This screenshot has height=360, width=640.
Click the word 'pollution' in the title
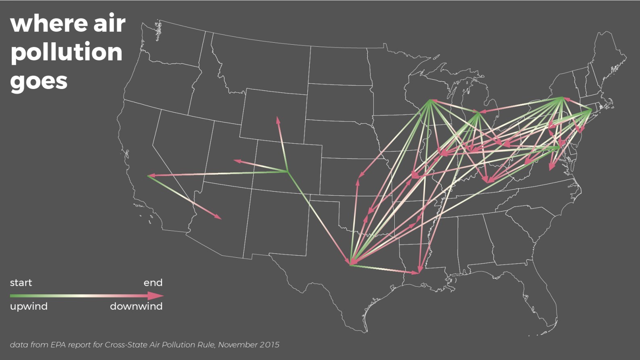click(66, 53)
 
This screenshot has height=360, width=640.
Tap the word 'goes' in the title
click(39, 82)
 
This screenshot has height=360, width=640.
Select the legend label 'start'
click(21, 283)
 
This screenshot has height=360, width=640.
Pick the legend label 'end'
click(153, 283)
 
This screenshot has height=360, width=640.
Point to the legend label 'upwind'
click(29, 306)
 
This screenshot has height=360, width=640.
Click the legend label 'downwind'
click(136, 306)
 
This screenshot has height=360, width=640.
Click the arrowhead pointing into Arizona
click(219, 218)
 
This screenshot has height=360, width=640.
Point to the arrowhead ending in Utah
click(236, 161)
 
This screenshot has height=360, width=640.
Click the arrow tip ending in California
click(149, 176)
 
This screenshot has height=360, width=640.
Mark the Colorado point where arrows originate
click(287, 172)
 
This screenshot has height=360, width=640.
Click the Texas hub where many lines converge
click(350, 264)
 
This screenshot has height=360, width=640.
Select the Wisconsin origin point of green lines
click(430, 100)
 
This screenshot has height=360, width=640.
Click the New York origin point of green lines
click(562, 97)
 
